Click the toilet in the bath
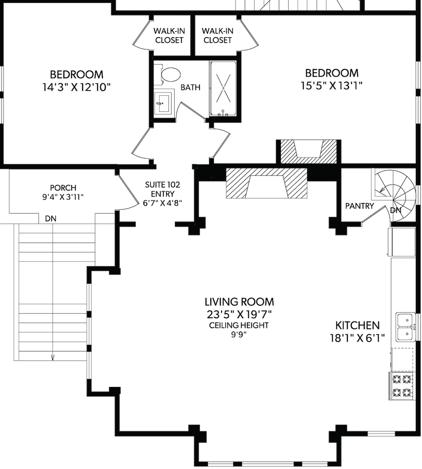coord(169,74)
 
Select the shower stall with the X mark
coord(223,88)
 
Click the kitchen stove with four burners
coord(402,386)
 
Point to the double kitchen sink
coord(405,327)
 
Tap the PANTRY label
coord(360,206)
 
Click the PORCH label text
coord(63,188)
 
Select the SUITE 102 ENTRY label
coord(163,189)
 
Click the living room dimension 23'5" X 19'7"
coord(239,315)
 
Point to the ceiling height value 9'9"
coord(239,334)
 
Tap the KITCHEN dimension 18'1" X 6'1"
coord(357,338)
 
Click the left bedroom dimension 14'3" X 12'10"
coord(77,87)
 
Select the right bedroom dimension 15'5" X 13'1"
coord(332,86)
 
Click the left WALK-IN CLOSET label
coord(169,35)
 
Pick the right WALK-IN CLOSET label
coord(218,35)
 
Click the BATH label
coord(190,87)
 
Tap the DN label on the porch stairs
coord(51,219)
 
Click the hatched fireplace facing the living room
coord(266,183)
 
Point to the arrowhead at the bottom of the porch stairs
coord(53,357)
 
